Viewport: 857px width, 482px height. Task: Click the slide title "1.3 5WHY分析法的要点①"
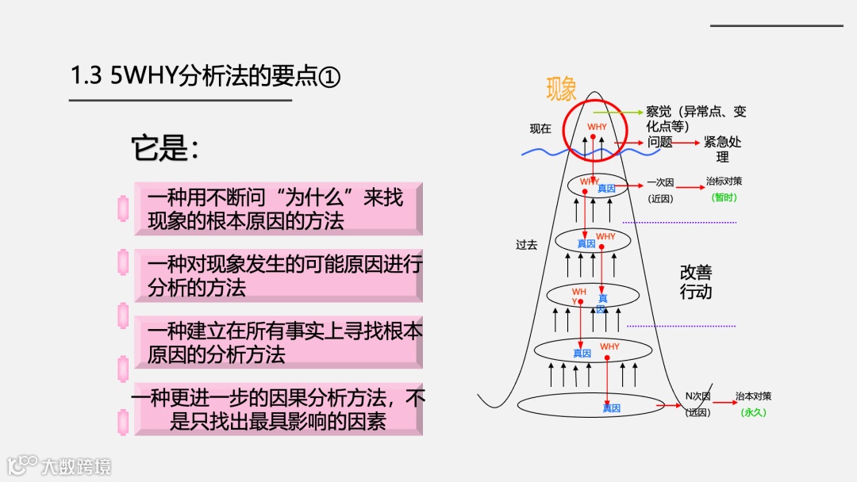[206, 77]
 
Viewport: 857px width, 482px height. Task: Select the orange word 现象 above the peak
[562, 90]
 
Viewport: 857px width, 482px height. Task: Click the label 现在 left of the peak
[540, 128]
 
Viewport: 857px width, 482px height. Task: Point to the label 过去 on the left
[527, 245]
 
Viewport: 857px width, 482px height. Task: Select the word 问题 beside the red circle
[659, 143]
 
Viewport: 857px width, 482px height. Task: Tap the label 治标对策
[724, 182]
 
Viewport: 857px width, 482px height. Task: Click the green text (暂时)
[724, 197]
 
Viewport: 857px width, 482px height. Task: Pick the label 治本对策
[753, 396]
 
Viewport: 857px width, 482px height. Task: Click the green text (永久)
[753, 412]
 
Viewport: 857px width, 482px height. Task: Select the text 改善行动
[696, 281]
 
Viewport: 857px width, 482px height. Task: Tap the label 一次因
[660, 182]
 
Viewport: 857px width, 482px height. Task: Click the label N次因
[698, 396]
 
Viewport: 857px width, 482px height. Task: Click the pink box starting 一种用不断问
[278, 208]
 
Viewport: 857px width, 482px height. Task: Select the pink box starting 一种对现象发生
[278, 275]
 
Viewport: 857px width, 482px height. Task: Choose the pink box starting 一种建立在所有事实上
[278, 342]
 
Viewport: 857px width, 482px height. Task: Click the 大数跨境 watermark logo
[60, 465]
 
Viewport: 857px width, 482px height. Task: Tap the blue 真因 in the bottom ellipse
[611, 408]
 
